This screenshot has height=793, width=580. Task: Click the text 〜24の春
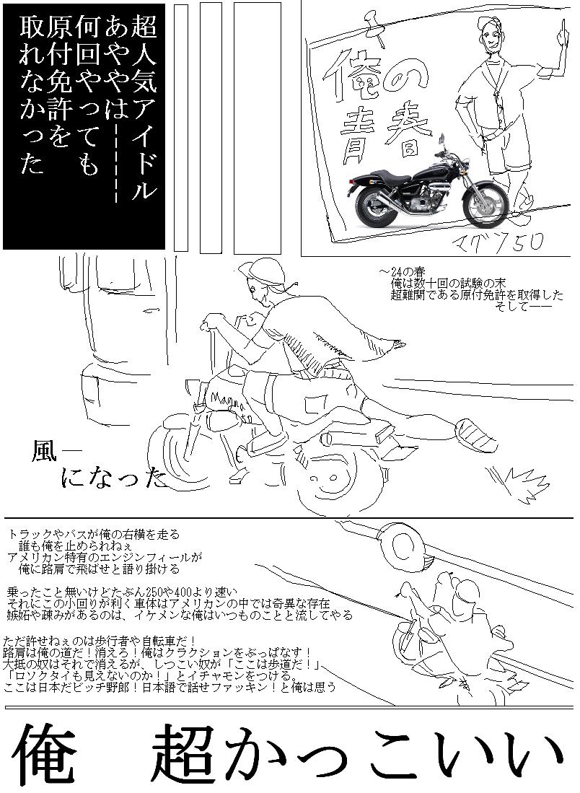point(403,272)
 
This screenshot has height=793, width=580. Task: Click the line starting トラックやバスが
point(94,534)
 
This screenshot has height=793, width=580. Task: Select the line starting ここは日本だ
point(170,688)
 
